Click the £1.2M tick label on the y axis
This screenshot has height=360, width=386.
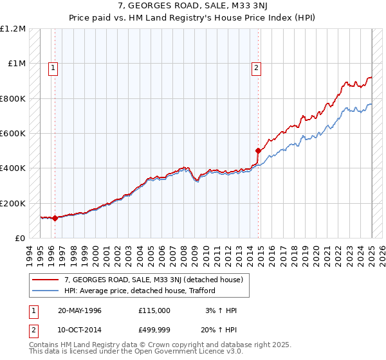point(14,29)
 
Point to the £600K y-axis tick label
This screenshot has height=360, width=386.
point(13,134)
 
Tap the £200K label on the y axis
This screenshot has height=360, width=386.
point(13,203)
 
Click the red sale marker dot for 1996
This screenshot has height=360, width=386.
point(55,218)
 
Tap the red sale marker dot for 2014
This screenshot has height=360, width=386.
point(258,151)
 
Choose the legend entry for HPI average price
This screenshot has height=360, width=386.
point(139,291)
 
